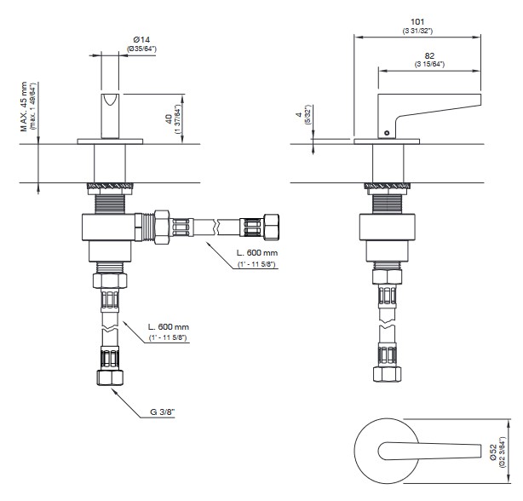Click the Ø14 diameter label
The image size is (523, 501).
142,40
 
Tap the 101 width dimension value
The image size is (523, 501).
417,22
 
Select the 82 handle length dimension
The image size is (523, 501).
429,55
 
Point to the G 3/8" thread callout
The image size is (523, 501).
162,412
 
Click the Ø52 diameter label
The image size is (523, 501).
494,452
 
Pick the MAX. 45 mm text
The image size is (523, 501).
24,107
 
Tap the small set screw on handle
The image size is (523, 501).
387,133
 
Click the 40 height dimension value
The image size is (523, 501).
170,118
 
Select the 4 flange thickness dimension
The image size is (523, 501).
299,114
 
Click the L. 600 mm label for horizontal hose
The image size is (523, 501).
257,253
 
